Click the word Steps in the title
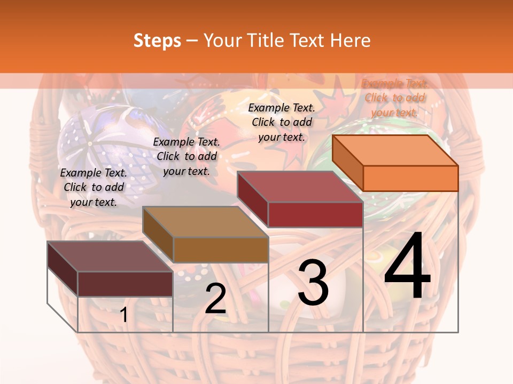pyautogui.click(x=157, y=41)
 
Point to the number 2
pyautogui.click(x=215, y=299)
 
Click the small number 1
pyautogui.click(x=124, y=315)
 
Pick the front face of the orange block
pyautogui.click(x=410, y=178)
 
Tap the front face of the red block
pyautogui.click(x=315, y=214)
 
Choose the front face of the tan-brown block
pyautogui.click(x=220, y=250)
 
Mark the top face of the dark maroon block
pyautogui.click(x=110, y=257)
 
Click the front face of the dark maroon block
pyautogui.click(x=125, y=284)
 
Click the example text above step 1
pyautogui.click(x=94, y=187)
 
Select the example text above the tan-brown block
pyautogui.click(x=186, y=156)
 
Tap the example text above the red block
pyautogui.click(x=282, y=122)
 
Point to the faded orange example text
pyautogui.click(x=395, y=98)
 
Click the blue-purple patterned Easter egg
pyautogui.click(x=102, y=139)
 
